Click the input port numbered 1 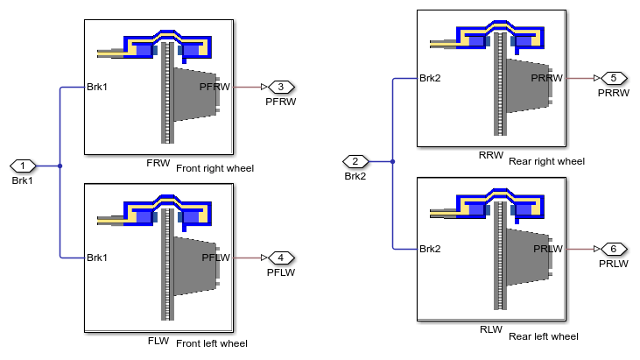pos(22,166)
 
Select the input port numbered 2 pos(355,161)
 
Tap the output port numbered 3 pos(281,88)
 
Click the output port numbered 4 pos(281,258)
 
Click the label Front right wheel pos(215,168)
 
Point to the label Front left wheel pos(212,343)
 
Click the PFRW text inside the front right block pos(215,88)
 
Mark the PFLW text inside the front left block pos(215,258)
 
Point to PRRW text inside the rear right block pos(548,78)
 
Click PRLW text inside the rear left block pos(549,249)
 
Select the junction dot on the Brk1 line pos(60,166)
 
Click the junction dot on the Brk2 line pos(392,161)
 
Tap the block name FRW pos(158,164)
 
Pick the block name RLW pos(490,331)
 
